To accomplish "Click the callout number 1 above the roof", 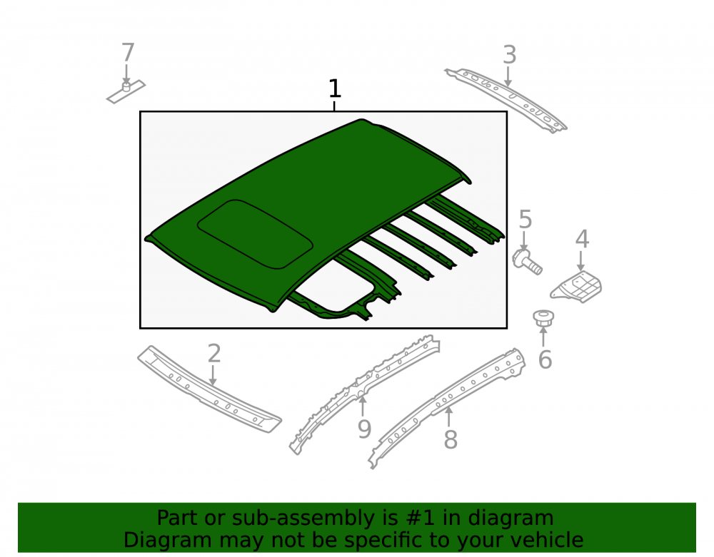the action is coord(335,88).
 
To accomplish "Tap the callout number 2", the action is coord(214,353).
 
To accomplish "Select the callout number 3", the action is coord(510,55).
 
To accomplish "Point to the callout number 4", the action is coord(582,239).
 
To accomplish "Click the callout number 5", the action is coord(525,220).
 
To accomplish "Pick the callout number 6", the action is coord(545,359).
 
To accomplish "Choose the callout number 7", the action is coord(128,52).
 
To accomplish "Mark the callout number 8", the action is coord(451,440).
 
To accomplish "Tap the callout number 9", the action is coord(364,429).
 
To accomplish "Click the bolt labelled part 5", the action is coord(528,262).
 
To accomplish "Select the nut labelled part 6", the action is coord(543,317).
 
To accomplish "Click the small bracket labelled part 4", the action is coord(576,286).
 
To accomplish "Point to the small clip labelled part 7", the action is coord(126,92).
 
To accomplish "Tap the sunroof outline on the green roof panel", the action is coord(255,234).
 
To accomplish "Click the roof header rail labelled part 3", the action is coord(506,100).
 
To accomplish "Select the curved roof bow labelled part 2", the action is coord(209,389).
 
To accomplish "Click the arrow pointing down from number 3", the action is coord(508,76).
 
